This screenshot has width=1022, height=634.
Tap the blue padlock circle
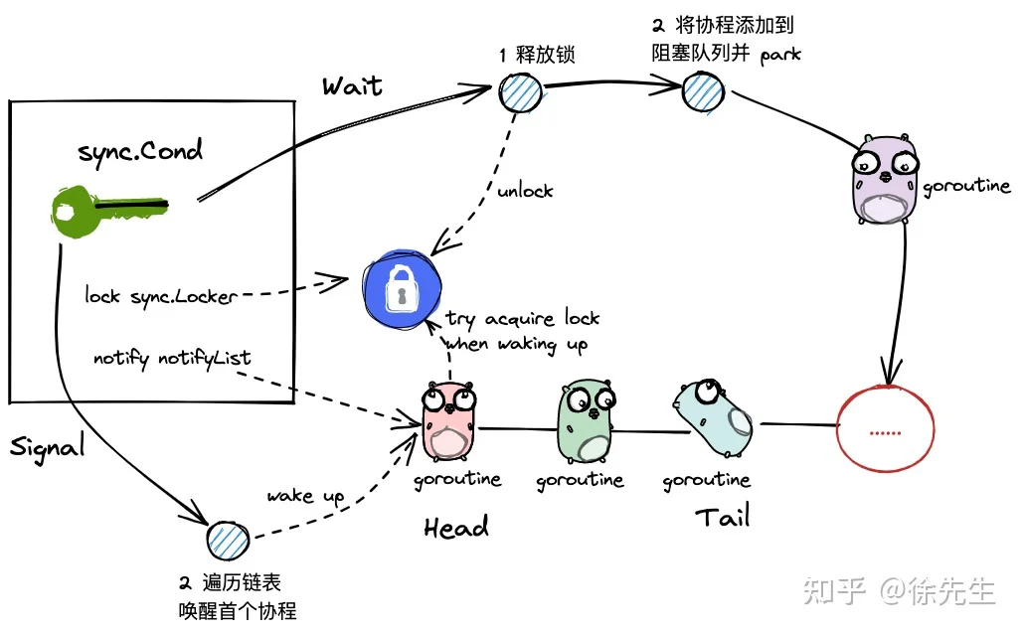pos(403,288)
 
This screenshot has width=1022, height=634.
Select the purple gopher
pos(885,179)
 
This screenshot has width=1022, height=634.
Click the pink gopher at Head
pos(449,422)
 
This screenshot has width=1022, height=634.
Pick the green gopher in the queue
pos(586,421)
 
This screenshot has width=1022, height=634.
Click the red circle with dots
pos(885,428)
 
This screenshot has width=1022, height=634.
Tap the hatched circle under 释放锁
pos(520,92)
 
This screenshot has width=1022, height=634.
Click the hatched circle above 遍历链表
pos(228,541)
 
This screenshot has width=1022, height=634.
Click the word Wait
pos(352,86)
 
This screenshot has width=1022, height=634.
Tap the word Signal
pos(48,447)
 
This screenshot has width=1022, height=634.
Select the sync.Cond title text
pos(140,152)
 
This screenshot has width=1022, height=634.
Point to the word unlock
pos(525,190)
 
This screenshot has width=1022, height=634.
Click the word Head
pos(455,527)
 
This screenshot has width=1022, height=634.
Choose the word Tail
pos(723,516)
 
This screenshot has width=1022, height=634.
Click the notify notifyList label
pos(172,358)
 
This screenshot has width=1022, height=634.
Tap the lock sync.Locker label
pos(161,296)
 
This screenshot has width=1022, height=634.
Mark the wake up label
pos(305,497)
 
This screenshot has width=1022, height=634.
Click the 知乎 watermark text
pos(834,591)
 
